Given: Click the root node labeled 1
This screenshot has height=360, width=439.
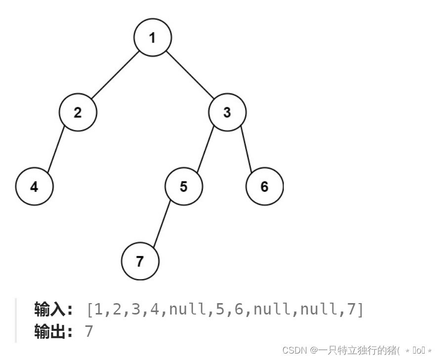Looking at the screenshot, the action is click(x=153, y=38).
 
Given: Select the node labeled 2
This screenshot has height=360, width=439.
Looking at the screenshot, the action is click(x=78, y=113).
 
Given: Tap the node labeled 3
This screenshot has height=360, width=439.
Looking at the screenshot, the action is click(x=227, y=113).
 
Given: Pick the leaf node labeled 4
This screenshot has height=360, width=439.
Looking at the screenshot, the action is click(x=34, y=187).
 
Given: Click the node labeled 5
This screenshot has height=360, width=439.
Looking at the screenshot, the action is click(x=184, y=187).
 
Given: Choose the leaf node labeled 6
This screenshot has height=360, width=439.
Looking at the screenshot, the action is click(x=264, y=187).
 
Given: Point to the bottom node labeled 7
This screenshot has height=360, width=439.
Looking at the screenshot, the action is click(x=140, y=262).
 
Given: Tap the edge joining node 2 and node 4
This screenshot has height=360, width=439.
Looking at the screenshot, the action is click(x=56, y=150).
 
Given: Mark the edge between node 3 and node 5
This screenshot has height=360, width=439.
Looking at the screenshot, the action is click(x=205, y=150).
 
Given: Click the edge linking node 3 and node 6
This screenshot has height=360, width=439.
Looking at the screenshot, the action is click(x=246, y=150).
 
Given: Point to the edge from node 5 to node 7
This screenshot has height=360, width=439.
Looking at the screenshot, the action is click(x=162, y=224).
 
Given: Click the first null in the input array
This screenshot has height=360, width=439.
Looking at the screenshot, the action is click(x=187, y=310).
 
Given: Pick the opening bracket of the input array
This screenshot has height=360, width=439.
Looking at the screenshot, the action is click(x=90, y=310).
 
